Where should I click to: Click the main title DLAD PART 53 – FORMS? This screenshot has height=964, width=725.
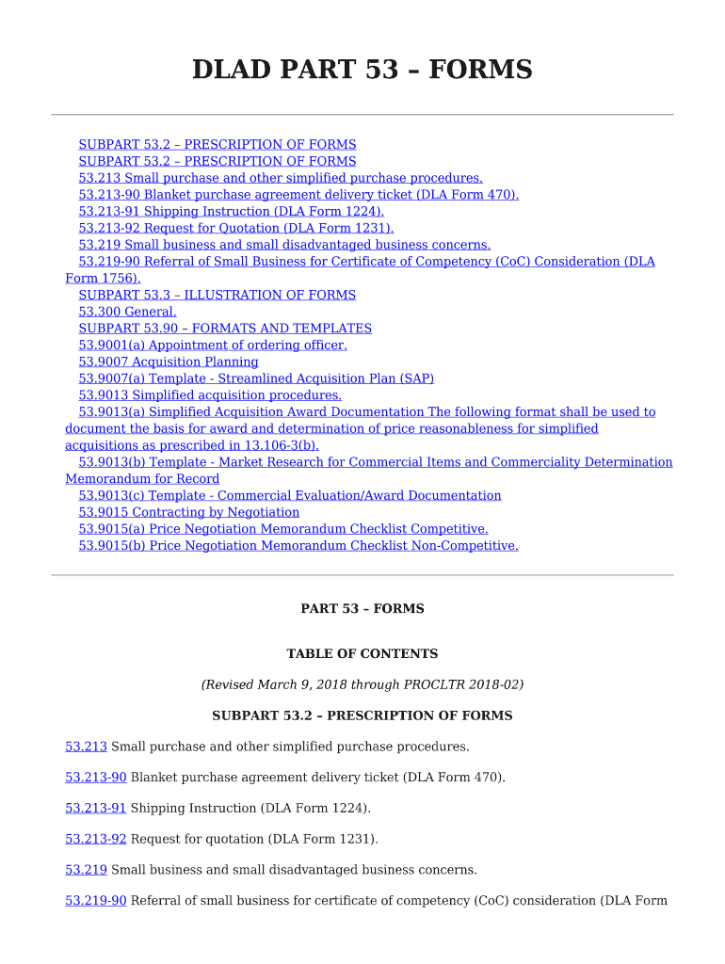tap(362, 70)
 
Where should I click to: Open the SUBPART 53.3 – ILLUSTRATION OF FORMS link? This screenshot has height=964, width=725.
tap(217, 295)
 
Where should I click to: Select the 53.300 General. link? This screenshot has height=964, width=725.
tap(127, 312)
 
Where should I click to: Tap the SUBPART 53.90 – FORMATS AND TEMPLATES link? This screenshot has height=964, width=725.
tap(224, 329)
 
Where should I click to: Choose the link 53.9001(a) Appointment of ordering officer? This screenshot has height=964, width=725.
tap(212, 345)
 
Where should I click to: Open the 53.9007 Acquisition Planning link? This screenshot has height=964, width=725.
tap(168, 361)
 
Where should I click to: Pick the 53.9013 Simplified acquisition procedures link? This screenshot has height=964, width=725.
tap(209, 395)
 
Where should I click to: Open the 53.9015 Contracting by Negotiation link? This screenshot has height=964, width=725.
tap(188, 512)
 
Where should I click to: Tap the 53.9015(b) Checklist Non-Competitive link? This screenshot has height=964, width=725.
tap(298, 546)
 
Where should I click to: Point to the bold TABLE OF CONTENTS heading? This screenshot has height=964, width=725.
tap(362, 653)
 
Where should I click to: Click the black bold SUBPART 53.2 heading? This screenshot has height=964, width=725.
tap(362, 715)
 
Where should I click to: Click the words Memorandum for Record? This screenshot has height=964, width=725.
tap(142, 479)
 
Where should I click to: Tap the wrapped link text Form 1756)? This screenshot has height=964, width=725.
tap(103, 278)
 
